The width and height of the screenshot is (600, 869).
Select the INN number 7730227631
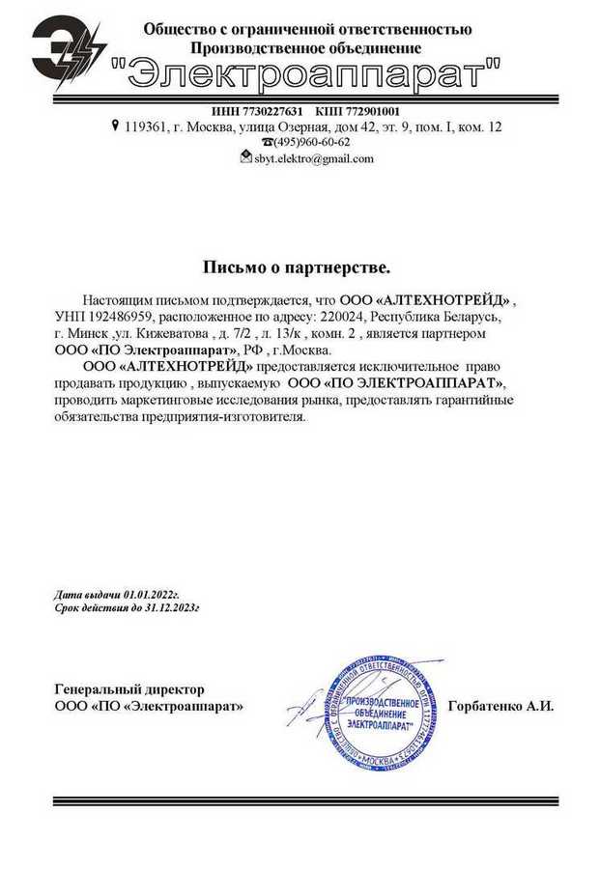pos(271,110)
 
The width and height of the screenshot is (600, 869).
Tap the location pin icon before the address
pos(115,126)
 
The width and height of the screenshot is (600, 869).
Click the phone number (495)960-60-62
pos(312,142)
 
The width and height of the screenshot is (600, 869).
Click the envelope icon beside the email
pos(245,157)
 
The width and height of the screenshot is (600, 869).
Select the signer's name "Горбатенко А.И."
pos(500,706)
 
